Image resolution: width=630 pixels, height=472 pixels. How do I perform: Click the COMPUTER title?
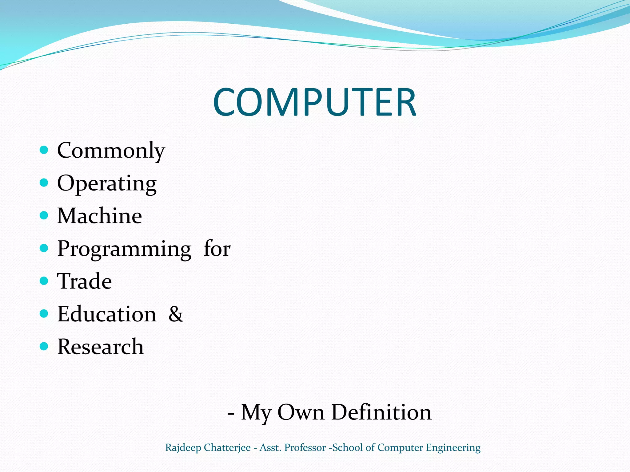[x=314, y=102]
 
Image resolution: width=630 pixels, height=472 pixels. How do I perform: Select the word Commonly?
[x=111, y=151]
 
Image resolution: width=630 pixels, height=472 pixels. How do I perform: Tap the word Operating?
[x=107, y=184]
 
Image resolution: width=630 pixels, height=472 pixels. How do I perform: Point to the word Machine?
[x=100, y=216]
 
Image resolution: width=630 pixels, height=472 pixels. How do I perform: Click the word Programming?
[x=124, y=249]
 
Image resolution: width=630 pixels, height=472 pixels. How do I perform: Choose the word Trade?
[x=85, y=281]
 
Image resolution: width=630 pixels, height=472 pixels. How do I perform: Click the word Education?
[x=107, y=314]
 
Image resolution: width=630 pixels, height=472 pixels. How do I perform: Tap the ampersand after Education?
[x=176, y=314]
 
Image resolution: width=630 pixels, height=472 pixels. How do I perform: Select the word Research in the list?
[x=101, y=347]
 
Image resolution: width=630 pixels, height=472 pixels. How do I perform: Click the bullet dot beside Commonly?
[x=44, y=150]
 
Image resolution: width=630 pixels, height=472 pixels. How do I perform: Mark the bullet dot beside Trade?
[x=44, y=281]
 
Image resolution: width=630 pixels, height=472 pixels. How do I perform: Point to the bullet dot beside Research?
[x=44, y=346]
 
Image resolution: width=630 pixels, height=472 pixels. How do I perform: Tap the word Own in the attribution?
[x=301, y=412]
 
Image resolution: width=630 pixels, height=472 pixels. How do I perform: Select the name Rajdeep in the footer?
[x=183, y=448]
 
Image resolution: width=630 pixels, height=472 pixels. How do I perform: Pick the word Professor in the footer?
[x=305, y=448]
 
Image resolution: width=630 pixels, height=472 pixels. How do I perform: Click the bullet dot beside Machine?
[x=44, y=215]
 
